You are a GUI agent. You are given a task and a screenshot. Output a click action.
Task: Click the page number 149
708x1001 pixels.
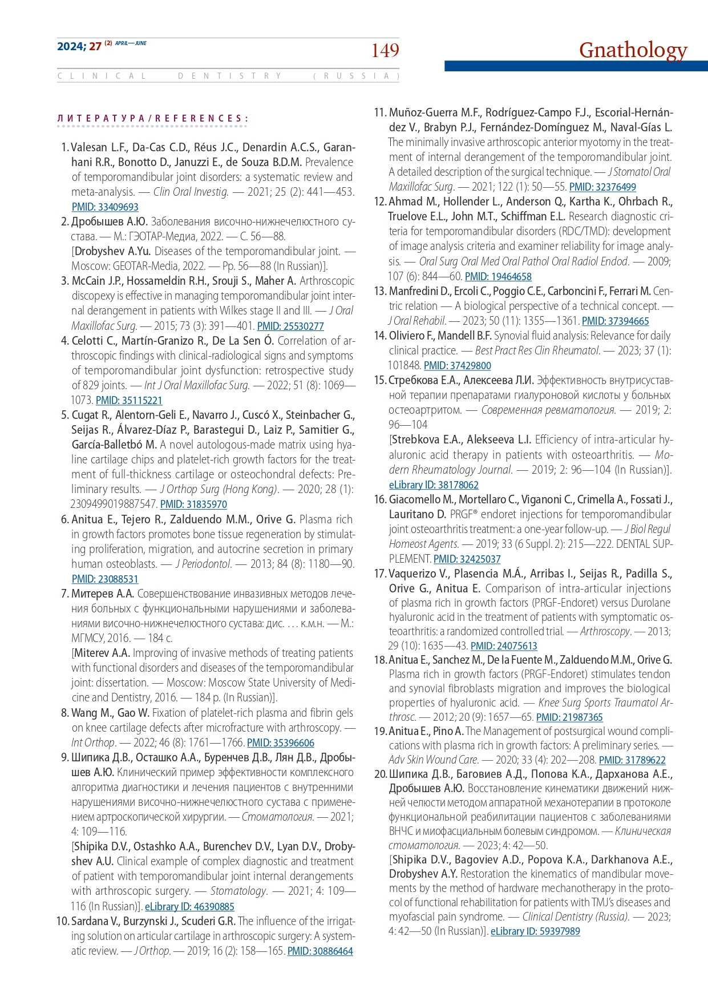click(x=385, y=50)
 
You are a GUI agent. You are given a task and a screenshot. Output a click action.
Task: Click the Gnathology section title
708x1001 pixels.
click(x=633, y=50)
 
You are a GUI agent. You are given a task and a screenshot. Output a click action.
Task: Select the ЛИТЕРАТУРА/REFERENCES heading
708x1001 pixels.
click(x=153, y=119)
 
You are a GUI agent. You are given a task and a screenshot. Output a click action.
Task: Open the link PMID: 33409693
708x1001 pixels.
click(x=105, y=207)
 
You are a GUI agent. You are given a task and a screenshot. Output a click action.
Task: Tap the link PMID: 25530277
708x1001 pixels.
click(x=290, y=326)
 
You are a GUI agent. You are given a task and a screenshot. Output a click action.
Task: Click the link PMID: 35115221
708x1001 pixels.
click(x=129, y=401)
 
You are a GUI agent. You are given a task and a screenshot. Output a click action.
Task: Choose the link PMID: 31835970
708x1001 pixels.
click(x=193, y=504)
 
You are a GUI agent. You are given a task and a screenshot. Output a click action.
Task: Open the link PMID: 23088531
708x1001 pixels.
click(x=105, y=579)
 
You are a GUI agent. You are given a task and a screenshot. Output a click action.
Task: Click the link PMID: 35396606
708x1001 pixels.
click(x=281, y=743)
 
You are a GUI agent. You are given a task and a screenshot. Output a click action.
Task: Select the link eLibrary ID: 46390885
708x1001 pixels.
click(x=189, y=906)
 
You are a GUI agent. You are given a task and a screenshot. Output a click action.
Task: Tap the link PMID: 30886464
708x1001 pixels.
click(x=320, y=951)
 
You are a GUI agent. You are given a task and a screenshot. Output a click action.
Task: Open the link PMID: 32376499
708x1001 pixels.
click(x=602, y=187)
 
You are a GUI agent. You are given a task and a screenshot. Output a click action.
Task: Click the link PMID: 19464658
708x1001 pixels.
click(x=498, y=277)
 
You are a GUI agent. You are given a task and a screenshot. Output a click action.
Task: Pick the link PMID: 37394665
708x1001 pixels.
click(x=615, y=321)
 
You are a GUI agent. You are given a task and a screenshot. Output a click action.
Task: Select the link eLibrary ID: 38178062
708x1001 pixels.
click(x=434, y=485)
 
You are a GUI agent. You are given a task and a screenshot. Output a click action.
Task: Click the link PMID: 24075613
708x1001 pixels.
click(x=504, y=646)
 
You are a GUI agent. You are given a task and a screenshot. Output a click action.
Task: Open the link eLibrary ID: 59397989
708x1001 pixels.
click(x=535, y=931)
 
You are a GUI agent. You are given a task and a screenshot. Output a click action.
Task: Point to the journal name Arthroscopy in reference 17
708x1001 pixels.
click(x=605, y=631)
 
